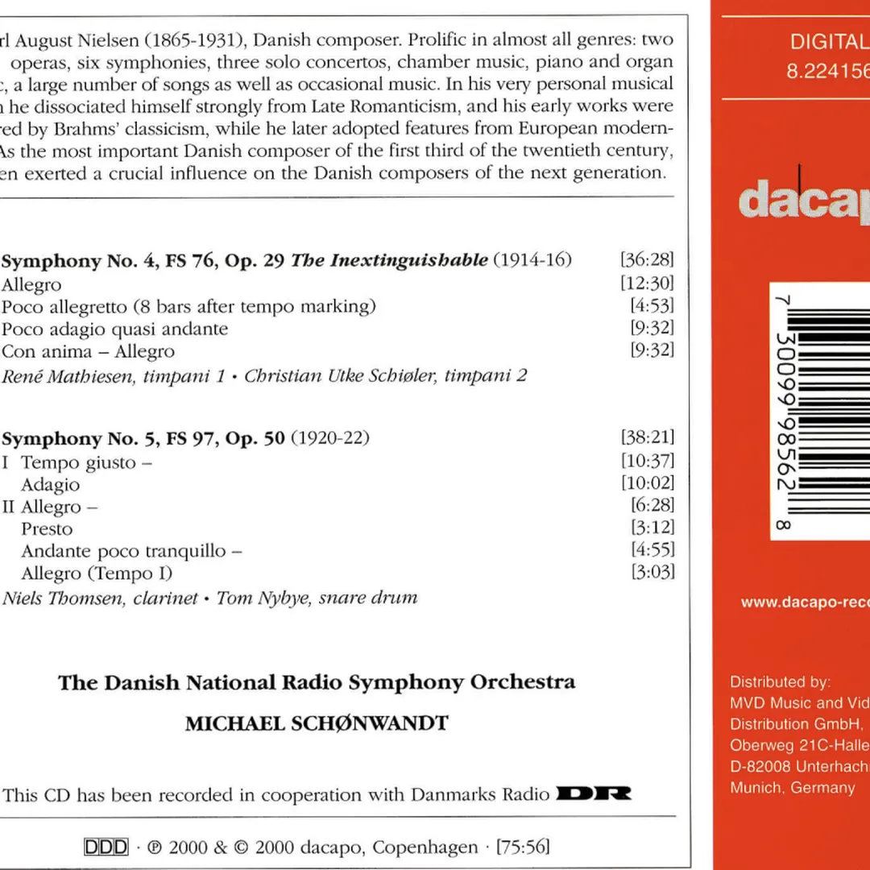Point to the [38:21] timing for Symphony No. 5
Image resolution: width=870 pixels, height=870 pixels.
(x=648, y=438)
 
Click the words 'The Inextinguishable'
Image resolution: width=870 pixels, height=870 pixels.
(x=389, y=260)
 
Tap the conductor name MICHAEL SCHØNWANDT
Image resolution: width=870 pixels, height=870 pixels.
(x=317, y=723)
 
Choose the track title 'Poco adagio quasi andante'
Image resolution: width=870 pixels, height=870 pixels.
(x=114, y=329)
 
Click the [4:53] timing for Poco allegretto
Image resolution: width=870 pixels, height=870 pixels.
(x=652, y=306)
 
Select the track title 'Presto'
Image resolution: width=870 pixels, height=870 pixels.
(x=47, y=529)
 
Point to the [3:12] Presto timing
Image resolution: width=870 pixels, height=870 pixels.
(x=653, y=529)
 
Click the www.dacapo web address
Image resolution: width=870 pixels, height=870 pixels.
(x=805, y=603)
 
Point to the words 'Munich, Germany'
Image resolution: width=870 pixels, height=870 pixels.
(x=792, y=788)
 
